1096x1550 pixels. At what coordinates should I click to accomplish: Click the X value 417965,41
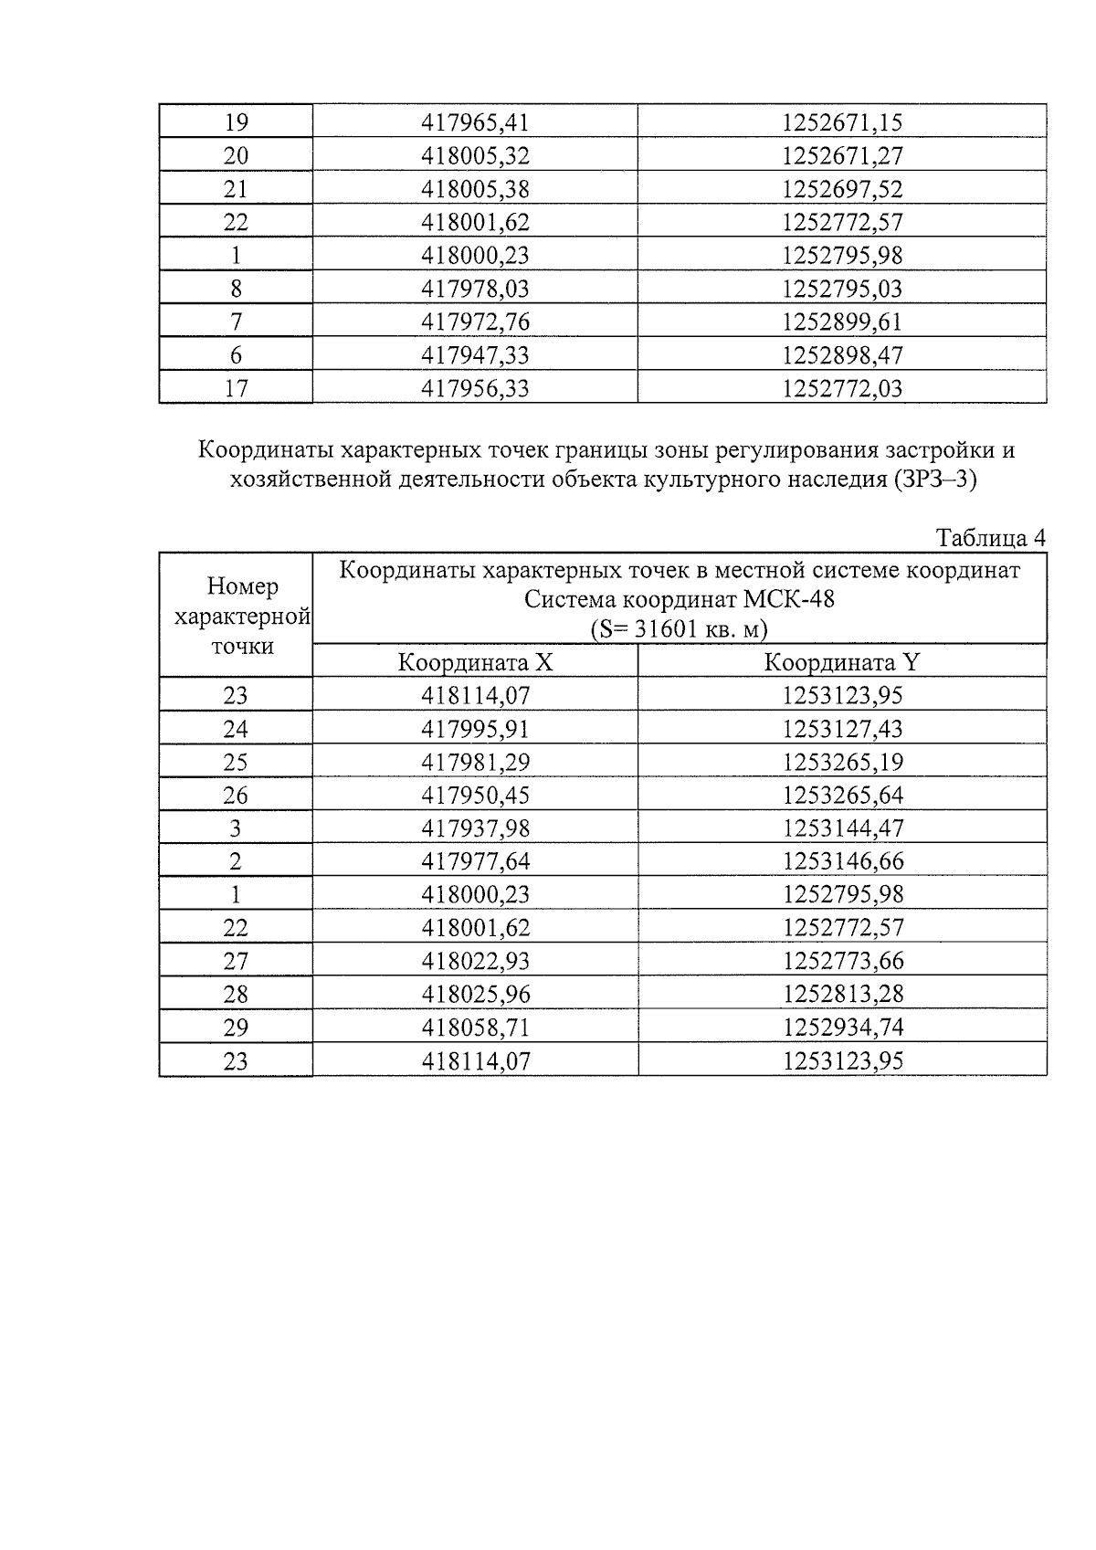click(475, 122)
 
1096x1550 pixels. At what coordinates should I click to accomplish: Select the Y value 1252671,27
click(842, 156)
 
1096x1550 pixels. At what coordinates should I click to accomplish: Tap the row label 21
click(236, 189)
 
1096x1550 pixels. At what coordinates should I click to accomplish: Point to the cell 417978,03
click(475, 289)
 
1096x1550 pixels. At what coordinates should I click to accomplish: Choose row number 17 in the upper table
click(236, 388)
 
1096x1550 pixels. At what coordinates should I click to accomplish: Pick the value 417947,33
click(475, 355)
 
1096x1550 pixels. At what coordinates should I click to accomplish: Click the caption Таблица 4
click(990, 538)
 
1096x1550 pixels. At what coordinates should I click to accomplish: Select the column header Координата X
click(475, 662)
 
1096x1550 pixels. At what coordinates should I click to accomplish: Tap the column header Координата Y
click(841, 662)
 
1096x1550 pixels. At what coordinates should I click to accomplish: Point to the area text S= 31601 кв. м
click(679, 629)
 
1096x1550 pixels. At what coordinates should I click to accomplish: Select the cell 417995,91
click(475, 729)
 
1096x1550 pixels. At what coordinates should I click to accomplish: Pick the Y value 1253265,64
click(842, 796)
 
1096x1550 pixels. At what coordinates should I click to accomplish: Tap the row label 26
click(236, 796)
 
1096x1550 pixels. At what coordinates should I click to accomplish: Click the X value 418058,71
click(475, 1028)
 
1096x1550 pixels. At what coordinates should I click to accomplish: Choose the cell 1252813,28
click(842, 995)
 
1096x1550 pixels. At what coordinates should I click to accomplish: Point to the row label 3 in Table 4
click(236, 828)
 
